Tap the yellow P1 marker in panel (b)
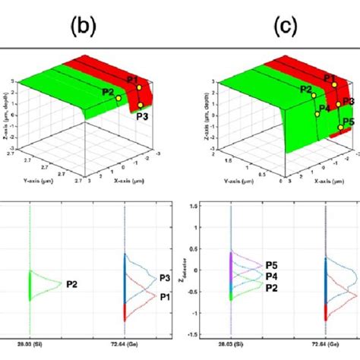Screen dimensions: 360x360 pyautogui.click(x=139, y=87)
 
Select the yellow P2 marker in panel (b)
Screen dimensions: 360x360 pyautogui.click(x=118, y=98)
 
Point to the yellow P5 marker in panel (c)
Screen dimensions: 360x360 pyautogui.click(x=339, y=129)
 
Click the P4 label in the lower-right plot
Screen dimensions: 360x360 pyautogui.click(x=276, y=276)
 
